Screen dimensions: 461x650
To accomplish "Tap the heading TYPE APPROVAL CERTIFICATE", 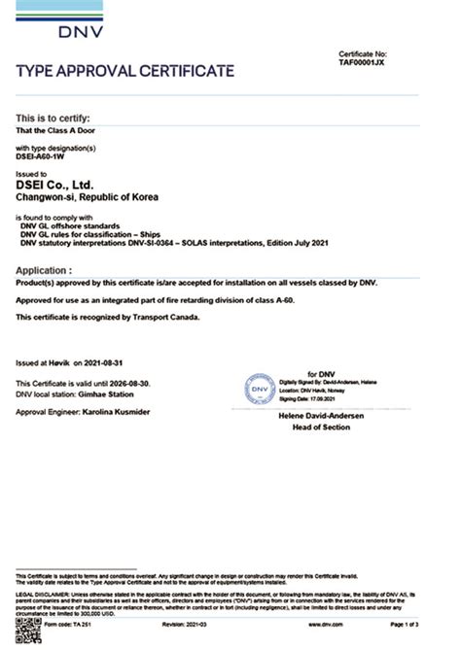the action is pos(125,71).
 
